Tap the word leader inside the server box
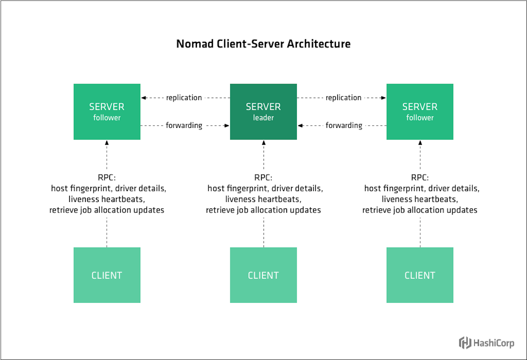[x=263, y=118]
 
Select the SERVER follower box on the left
[x=107, y=112]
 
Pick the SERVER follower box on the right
[x=420, y=112]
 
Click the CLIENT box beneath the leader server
[x=263, y=275]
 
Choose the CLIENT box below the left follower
[x=107, y=275]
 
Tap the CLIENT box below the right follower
[x=420, y=275]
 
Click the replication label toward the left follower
[x=184, y=98]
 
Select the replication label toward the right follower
[x=343, y=98]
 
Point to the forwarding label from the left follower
[x=184, y=125]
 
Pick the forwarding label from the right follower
[x=344, y=125]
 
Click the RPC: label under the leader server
[x=263, y=177]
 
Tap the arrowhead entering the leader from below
[x=263, y=143]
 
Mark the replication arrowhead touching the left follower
[x=143, y=98]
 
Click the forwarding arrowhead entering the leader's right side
[x=300, y=125]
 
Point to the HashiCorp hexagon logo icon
[x=465, y=342]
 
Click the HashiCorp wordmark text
[x=494, y=343]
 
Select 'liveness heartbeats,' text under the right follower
[x=420, y=199]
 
